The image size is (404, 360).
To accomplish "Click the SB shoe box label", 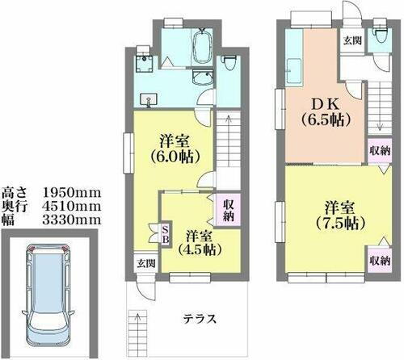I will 165,233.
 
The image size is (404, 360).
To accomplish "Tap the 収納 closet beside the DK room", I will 379,150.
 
